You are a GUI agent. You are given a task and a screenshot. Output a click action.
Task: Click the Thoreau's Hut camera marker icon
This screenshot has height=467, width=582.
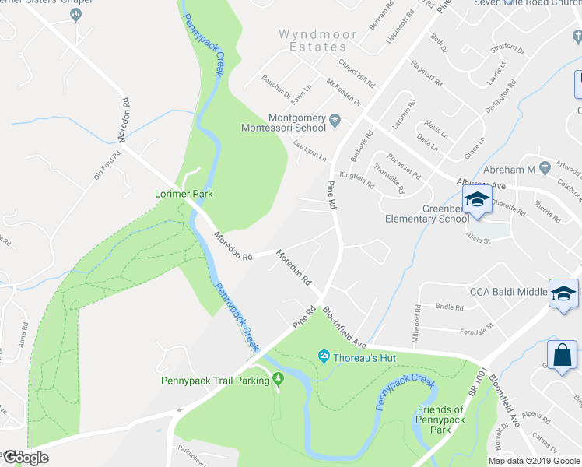(x=324, y=357)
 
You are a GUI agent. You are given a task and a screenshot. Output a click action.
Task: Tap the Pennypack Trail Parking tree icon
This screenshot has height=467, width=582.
(x=278, y=380)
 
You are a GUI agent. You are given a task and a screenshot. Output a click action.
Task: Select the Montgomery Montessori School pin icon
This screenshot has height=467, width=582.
(x=335, y=120)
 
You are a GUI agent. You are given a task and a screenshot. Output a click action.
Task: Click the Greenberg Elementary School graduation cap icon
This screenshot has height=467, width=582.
(x=476, y=201)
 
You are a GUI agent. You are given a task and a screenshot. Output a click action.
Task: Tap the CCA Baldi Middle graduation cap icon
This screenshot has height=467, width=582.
(x=562, y=293)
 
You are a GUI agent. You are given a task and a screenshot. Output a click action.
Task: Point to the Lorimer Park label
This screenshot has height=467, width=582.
(x=184, y=193)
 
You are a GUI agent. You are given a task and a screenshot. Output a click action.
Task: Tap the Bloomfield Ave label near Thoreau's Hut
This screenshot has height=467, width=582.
(x=344, y=328)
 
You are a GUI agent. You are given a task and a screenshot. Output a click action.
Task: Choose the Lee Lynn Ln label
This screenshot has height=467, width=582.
(x=309, y=150)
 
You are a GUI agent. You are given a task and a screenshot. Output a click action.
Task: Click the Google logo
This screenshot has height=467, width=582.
(x=25, y=458)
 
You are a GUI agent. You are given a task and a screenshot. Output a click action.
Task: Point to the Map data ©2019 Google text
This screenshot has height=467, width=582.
(x=534, y=461)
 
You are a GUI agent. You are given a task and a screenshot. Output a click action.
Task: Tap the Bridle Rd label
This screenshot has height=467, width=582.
(x=448, y=307)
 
